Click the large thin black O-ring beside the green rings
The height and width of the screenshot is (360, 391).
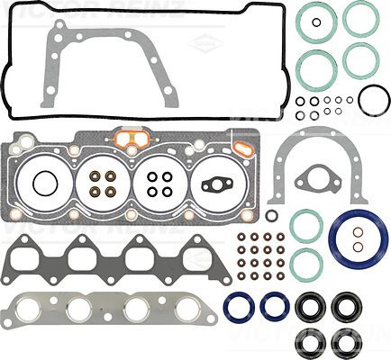[372, 100]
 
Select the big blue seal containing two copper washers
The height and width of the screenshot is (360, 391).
[357, 239]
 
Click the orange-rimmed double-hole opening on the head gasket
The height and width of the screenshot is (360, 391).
[131, 139]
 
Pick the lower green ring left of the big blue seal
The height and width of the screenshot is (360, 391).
[306, 263]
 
